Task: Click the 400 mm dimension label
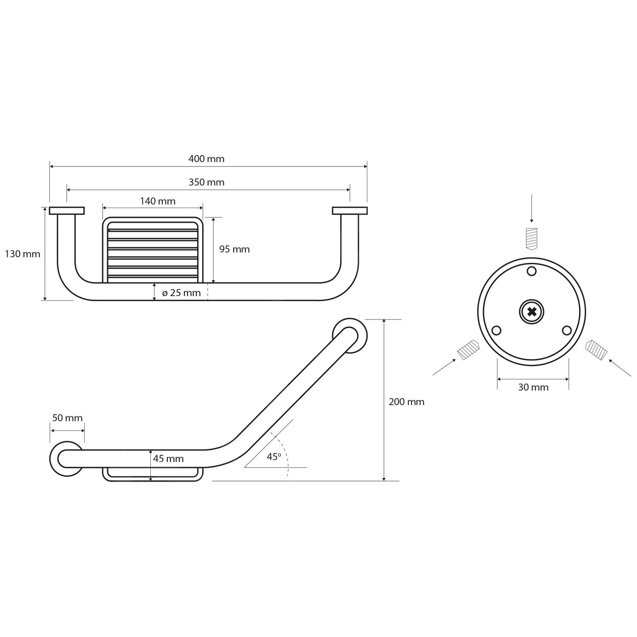[x=206, y=159]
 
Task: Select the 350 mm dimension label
[x=206, y=182]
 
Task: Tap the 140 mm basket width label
[x=158, y=201]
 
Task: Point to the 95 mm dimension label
[x=234, y=249]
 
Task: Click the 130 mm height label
[x=23, y=254]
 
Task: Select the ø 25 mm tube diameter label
[x=181, y=293]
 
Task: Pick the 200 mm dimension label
[x=406, y=402]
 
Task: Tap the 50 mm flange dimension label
[x=67, y=418]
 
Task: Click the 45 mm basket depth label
[x=168, y=459]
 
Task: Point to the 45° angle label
[x=274, y=457]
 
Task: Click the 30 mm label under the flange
[x=533, y=387]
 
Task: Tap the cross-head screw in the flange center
[x=531, y=312]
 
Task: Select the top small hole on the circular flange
[x=531, y=271]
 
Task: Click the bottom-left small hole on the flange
[x=496, y=330]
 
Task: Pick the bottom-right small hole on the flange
[x=567, y=330]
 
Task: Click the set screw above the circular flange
[x=531, y=238]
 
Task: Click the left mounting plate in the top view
[x=67, y=211]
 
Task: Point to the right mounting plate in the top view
[x=350, y=211]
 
